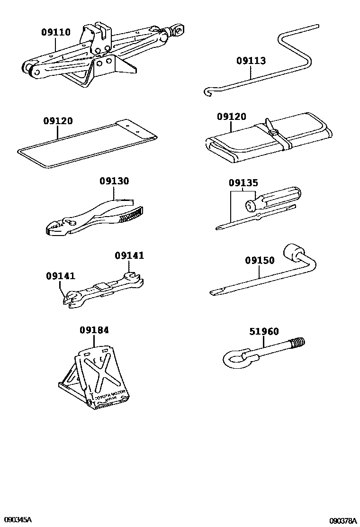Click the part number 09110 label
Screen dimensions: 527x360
[55, 33]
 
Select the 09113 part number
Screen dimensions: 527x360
[251, 61]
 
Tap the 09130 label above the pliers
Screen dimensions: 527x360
[114, 181]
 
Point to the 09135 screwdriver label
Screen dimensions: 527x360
[243, 183]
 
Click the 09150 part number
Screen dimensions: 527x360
[260, 260]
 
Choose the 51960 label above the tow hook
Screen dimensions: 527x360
[264, 332]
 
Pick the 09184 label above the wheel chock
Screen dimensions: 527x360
[94, 330]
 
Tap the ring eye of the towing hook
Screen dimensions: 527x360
[234, 359]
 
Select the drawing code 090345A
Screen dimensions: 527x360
[17, 520]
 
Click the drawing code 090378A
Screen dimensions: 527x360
[343, 520]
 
